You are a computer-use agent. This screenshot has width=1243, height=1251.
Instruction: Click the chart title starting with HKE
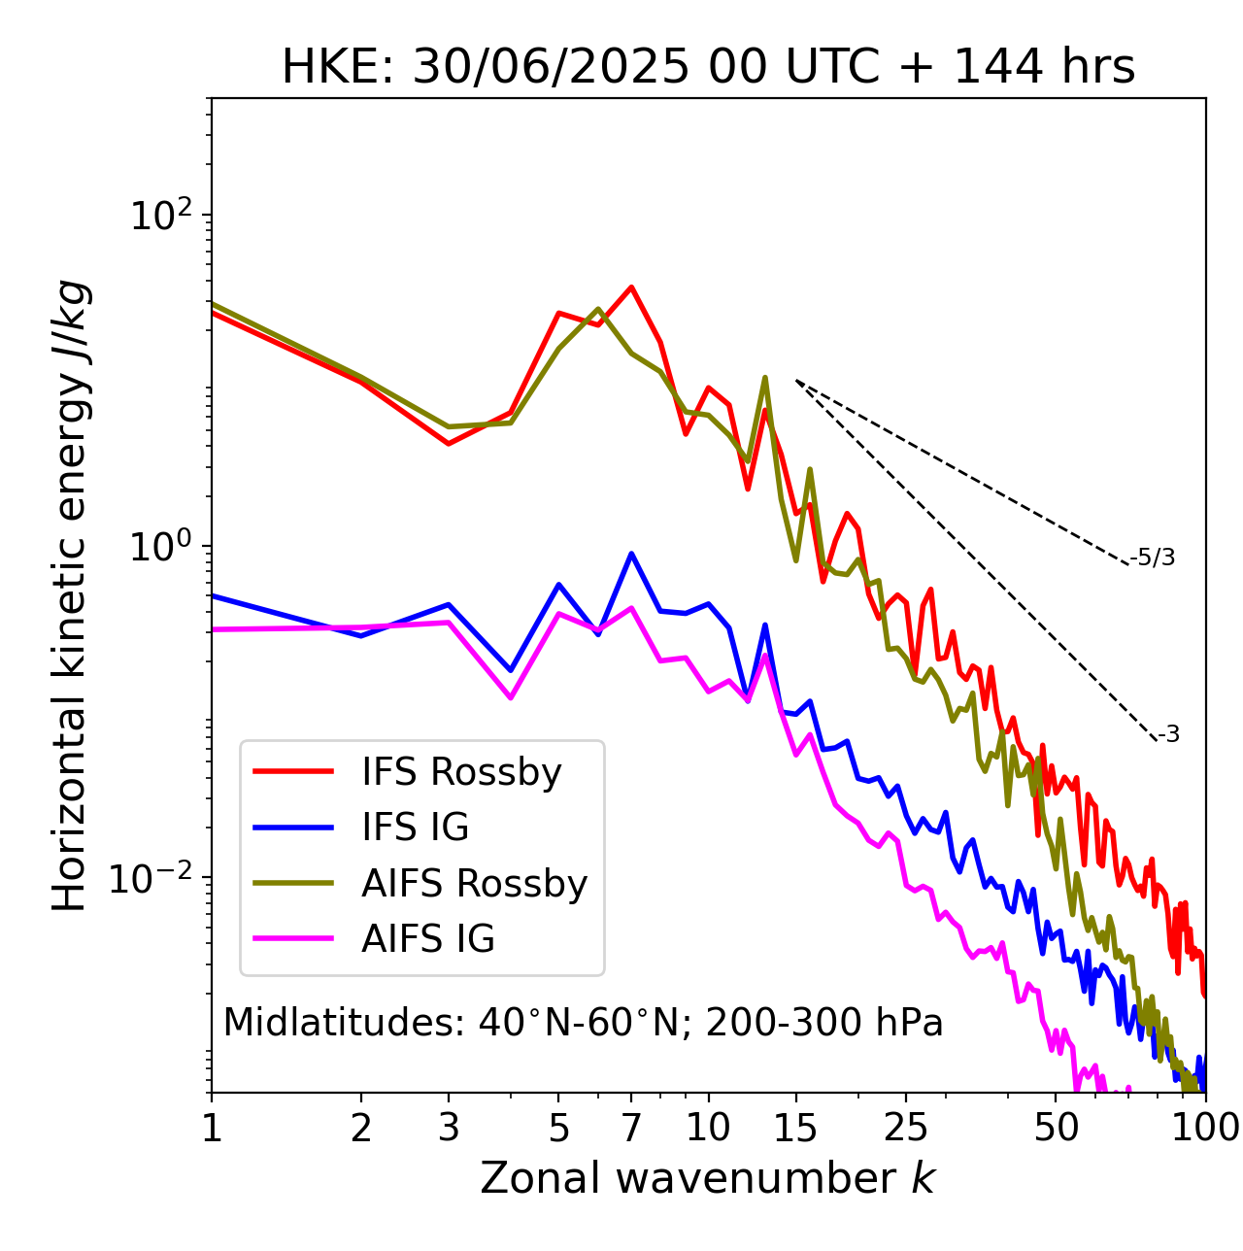tap(708, 68)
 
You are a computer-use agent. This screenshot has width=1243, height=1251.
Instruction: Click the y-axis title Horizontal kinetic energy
tap(70, 595)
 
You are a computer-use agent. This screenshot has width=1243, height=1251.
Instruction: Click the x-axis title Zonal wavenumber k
tap(707, 1177)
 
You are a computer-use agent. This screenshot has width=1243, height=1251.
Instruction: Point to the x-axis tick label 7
tap(631, 1127)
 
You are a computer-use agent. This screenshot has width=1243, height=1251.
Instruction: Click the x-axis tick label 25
tap(905, 1127)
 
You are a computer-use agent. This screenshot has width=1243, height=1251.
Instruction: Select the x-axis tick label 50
tap(1056, 1127)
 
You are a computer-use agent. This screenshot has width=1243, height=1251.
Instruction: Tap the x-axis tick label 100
tap(1204, 1127)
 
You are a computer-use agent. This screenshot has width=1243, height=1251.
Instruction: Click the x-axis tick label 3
tap(449, 1127)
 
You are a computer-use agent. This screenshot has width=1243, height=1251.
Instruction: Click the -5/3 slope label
tap(1153, 558)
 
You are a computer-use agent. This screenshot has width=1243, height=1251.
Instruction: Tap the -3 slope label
tap(1168, 734)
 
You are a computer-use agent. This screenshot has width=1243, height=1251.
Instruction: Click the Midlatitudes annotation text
tap(583, 1023)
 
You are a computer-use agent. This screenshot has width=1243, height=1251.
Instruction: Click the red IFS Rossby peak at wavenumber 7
tap(631, 287)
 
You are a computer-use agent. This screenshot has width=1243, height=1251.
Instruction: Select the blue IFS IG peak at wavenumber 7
tap(631, 554)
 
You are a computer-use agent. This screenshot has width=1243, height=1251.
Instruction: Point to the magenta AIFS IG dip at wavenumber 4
tap(511, 697)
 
